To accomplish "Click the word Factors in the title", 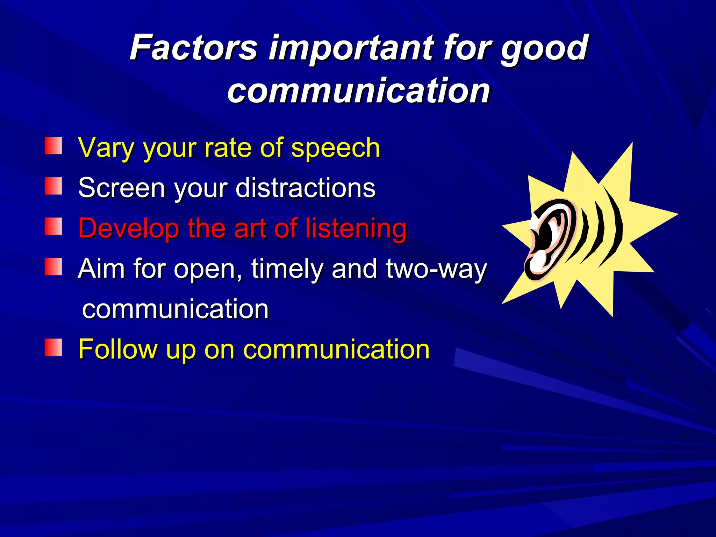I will pos(194,48).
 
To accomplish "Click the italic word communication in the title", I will pos(358,91).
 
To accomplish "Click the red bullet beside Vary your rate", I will pos(53,146).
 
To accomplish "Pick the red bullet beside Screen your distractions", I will pos(53,186).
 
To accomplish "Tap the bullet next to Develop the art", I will pos(53,227).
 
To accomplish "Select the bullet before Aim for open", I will pos(53,267).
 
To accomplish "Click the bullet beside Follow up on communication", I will pos(53,348).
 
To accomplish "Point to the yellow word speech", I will pos(335,149).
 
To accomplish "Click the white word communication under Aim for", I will pos(175,309).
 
